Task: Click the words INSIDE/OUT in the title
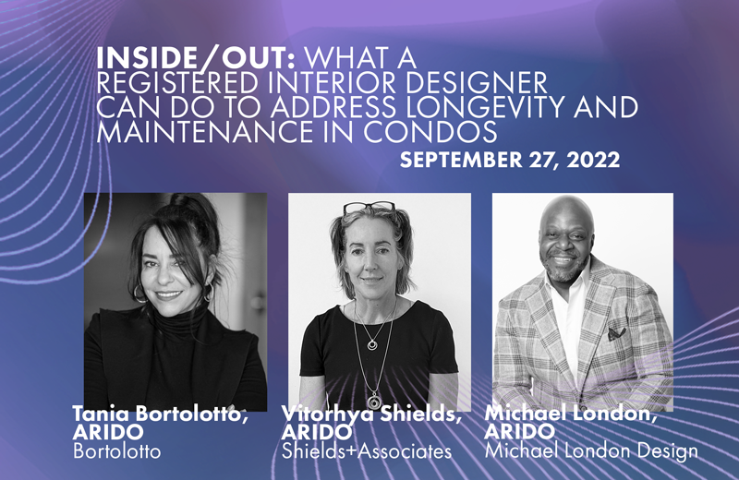pos(196,58)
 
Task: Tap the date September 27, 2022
pos(510,161)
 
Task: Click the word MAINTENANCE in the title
pos(205,131)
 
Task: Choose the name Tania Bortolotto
pos(160,414)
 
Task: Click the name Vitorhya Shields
pos(370,414)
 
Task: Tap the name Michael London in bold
pos(570,414)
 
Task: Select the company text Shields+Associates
pos(367,451)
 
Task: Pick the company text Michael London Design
pos(591,450)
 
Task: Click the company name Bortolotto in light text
pos(117,451)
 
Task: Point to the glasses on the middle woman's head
pos(369,208)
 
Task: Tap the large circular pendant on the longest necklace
pos(374,401)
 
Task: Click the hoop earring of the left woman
pos(139,294)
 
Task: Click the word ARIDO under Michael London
pos(519,431)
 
